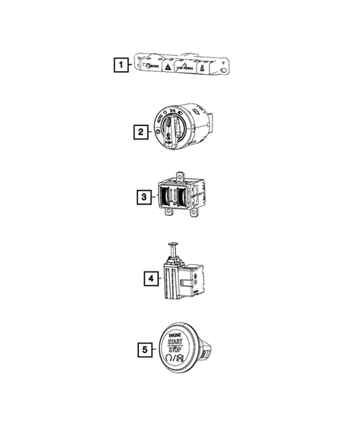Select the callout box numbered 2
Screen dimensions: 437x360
pyautogui.click(x=140, y=133)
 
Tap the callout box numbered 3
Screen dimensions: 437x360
pyautogui.click(x=143, y=197)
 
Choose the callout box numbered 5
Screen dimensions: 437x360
pyautogui.click(x=147, y=347)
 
